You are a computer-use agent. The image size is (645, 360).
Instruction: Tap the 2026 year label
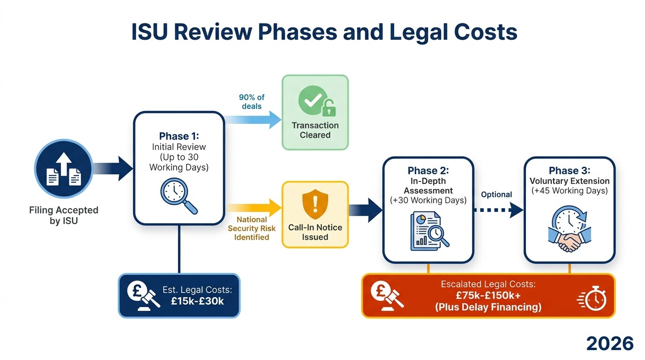[x=610, y=344]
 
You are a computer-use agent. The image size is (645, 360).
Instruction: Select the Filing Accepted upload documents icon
[x=63, y=168]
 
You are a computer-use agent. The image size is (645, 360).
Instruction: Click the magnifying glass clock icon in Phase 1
[x=179, y=196]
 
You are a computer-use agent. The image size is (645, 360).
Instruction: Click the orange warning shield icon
[x=315, y=204]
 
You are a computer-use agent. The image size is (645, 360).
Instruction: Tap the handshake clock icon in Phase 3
[x=569, y=230]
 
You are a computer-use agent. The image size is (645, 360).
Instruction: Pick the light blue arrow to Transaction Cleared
[x=253, y=120]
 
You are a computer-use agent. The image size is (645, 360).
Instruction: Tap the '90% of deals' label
[x=251, y=102]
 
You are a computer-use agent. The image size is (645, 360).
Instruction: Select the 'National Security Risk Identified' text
[x=252, y=228]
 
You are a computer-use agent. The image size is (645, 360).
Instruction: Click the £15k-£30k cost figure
[x=197, y=301]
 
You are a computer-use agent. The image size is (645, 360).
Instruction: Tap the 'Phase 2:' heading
[x=428, y=170]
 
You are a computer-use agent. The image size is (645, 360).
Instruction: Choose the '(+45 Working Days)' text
[x=569, y=191]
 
